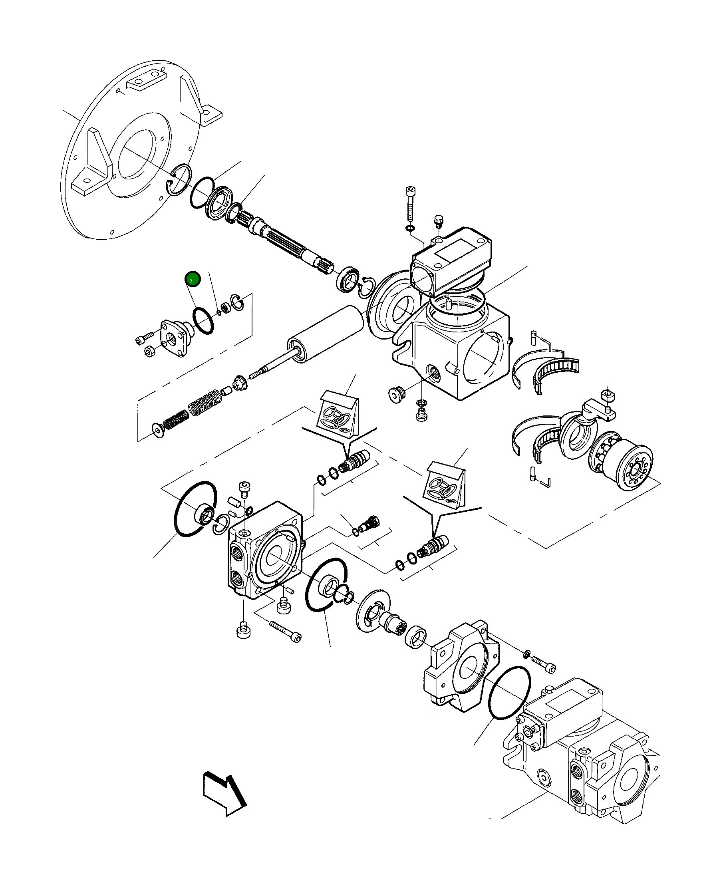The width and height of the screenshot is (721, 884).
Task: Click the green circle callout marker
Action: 193,280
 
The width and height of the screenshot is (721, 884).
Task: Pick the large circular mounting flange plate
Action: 125,154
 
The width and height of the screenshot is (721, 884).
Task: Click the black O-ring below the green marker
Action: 203,320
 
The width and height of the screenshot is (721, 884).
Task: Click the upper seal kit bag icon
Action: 338,414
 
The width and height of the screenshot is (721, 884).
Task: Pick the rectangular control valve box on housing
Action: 451,260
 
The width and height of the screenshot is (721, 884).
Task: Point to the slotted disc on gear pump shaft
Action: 374,611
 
